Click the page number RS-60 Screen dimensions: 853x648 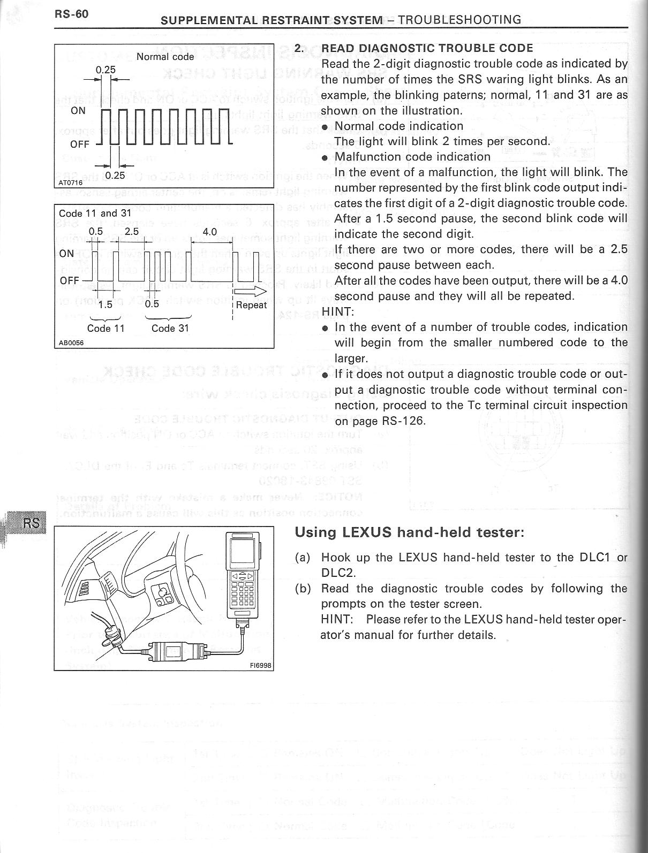71,14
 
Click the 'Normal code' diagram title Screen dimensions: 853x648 165,56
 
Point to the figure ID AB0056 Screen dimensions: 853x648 69,344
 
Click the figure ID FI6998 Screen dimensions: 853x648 261,666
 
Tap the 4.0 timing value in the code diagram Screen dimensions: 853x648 210,231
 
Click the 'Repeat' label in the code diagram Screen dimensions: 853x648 251,305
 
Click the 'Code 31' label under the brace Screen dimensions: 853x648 170,328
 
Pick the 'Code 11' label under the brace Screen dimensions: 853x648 106,328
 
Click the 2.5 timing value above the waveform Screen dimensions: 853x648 131,231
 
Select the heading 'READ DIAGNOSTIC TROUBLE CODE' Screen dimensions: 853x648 427,48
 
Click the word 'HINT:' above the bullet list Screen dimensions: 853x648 337,311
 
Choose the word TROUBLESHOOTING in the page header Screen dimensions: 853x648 459,20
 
